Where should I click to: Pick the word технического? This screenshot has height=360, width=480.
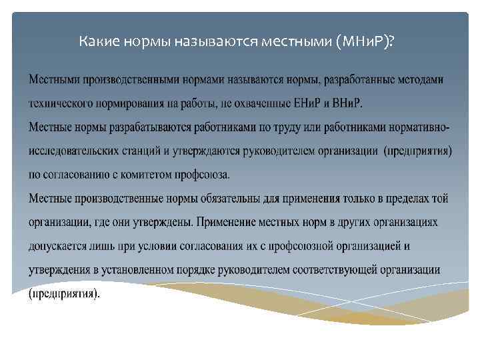coord(61,103)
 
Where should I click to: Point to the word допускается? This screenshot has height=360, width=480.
coord(58,246)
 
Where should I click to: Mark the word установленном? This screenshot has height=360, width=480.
coord(155,269)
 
